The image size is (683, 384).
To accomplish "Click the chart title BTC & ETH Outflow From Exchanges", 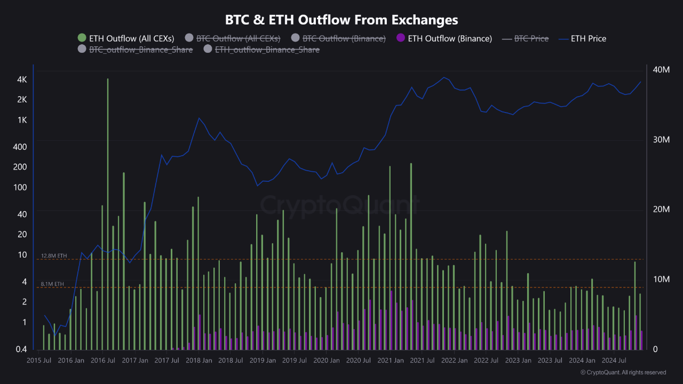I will pyautogui.click(x=341, y=20).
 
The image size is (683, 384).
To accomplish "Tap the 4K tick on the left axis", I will pyautogui.click(x=22, y=79).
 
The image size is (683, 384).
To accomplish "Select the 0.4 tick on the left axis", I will pyautogui.click(x=22, y=349).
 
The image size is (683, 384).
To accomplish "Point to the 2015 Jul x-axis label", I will pyautogui.click(x=39, y=361).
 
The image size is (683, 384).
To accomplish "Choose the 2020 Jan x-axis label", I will pyautogui.click(x=327, y=361).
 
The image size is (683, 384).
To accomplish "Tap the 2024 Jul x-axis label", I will pyautogui.click(x=614, y=361).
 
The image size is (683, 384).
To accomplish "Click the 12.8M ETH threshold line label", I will pyautogui.click(x=54, y=256).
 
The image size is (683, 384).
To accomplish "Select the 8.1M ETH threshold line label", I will pyautogui.click(x=52, y=284).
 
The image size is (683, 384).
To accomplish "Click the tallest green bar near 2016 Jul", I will pyautogui.click(x=108, y=213).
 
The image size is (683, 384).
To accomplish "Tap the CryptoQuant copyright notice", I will pyautogui.click(x=623, y=372).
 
